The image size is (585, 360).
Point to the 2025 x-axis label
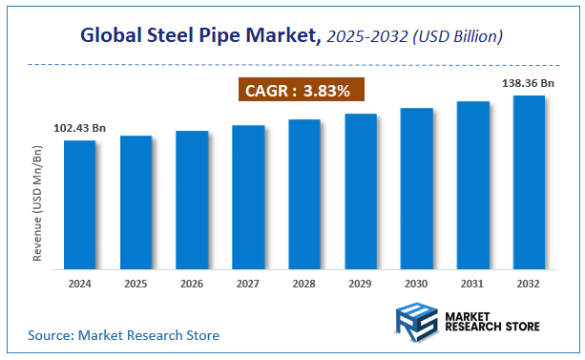pos(136,284)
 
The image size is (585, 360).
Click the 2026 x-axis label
pos(192,284)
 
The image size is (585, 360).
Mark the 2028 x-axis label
pos(304,284)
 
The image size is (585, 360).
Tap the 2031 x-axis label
pos(472,284)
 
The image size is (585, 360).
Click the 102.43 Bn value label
pos(80,128)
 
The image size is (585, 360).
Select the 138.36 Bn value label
pos(528,83)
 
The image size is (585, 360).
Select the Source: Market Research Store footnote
pos(123,335)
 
